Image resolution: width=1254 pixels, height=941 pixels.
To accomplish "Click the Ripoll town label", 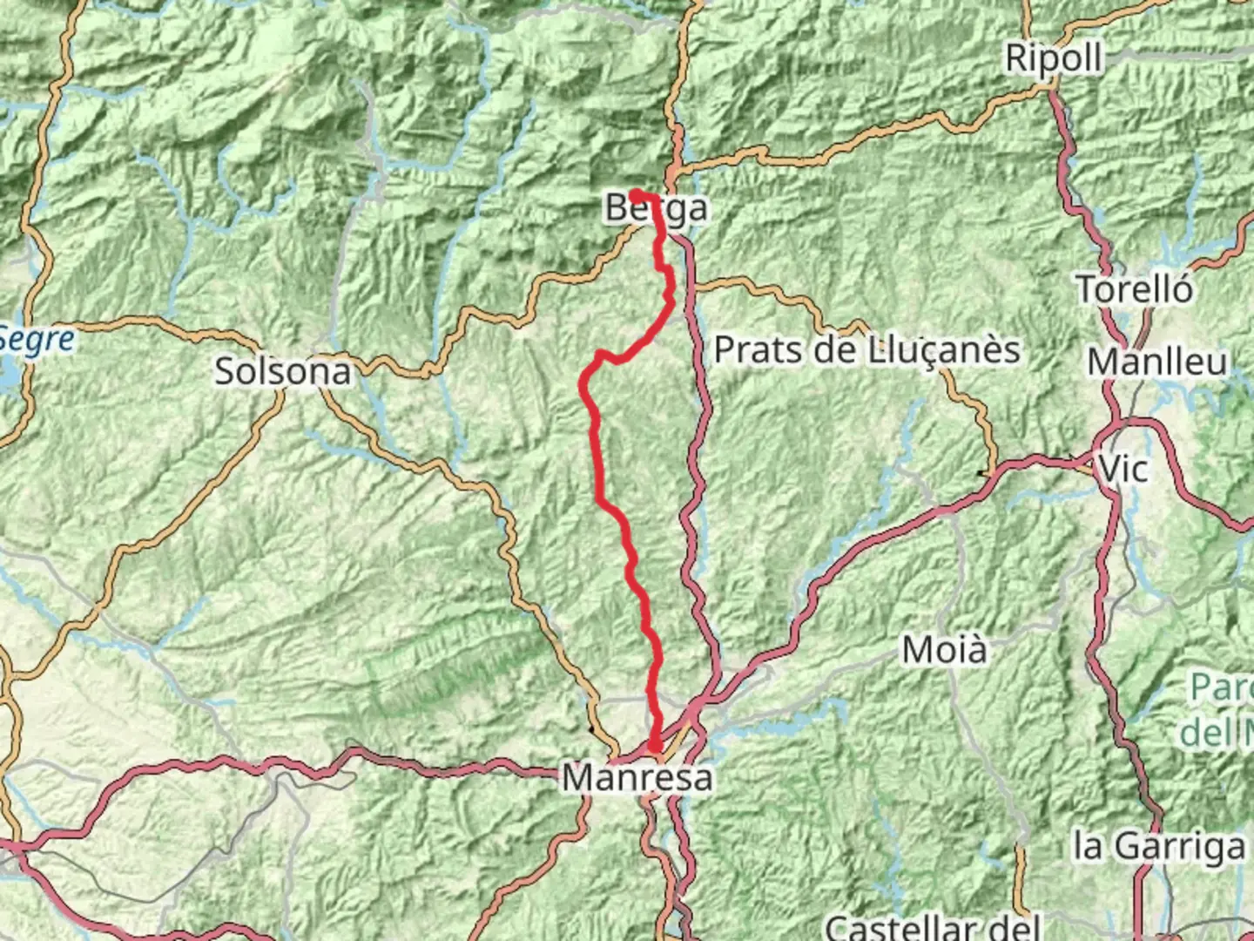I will [x=1054, y=58].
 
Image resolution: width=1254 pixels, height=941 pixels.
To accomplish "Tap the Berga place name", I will [x=656, y=208].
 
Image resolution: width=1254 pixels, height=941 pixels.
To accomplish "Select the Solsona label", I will [x=283, y=371].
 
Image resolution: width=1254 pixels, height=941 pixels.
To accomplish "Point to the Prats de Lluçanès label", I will [x=866, y=349].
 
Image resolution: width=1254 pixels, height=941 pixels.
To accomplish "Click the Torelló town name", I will [x=1135, y=288].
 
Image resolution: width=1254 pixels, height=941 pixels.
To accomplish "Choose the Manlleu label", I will [x=1157, y=362].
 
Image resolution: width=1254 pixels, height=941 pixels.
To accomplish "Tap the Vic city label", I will [x=1124, y=469].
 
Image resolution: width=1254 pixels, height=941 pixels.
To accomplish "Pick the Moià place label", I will [x=945, y=650].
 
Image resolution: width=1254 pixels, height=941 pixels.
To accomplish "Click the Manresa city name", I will [x=637, y=777].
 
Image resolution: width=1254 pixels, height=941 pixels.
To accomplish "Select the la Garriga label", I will [x=1159, y=845].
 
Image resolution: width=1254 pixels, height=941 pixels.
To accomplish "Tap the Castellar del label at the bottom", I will [x=933, y=926].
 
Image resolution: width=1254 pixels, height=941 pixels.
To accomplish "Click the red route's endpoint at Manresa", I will [x=654, y=745].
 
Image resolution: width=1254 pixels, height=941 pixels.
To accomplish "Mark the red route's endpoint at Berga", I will [x=637, y=193].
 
